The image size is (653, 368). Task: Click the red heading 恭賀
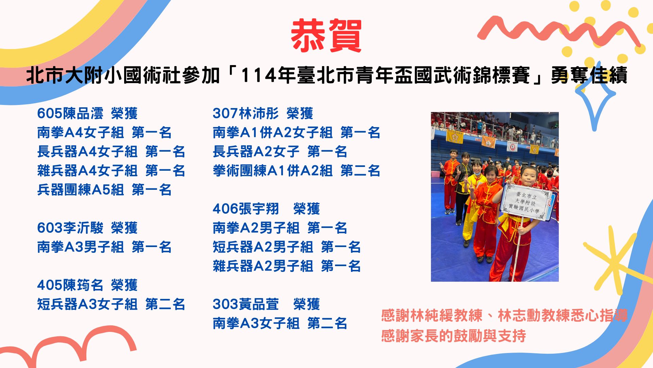(326, 36)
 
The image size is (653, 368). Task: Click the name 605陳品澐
(70, 113)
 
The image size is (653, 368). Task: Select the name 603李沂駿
(70, 228)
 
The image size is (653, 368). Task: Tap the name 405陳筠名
(70, 285)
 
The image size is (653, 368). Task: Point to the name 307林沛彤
(246, 113)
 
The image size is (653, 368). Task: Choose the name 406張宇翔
(246, 209)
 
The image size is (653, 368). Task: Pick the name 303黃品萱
(246, 304)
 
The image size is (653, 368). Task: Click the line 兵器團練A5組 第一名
(104, 190)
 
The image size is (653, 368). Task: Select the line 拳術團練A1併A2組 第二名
(296, 171)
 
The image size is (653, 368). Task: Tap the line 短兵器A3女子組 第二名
(111, 304)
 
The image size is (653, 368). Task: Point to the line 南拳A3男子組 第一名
(104, 247)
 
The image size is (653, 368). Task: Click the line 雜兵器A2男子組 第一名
(287, 266)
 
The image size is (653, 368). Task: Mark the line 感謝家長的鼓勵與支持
(453, 336)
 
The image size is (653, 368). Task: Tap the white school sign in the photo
(525, 203)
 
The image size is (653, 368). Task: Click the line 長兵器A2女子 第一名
(280, 152)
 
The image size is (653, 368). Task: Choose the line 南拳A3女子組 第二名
(280, 323)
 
